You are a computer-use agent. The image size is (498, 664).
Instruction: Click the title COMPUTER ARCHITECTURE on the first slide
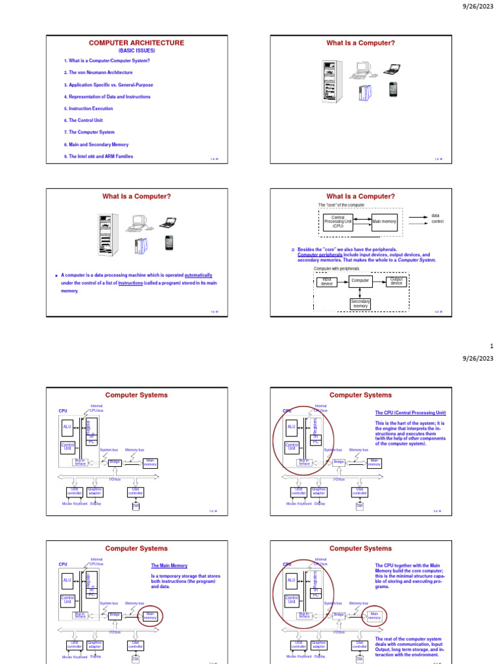point(136,43)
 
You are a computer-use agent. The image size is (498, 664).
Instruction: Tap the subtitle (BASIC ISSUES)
point(136,50)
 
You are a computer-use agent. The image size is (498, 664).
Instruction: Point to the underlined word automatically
point(198,275)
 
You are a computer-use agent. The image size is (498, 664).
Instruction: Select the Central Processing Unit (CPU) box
point(338,222)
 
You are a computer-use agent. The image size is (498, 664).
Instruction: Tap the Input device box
point(327,282)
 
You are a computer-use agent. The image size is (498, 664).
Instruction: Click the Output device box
point(396,281)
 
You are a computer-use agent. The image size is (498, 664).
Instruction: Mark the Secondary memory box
point(361,303)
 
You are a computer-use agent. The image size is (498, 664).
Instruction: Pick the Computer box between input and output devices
point(361,281)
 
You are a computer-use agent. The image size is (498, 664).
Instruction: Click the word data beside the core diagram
point(436,215)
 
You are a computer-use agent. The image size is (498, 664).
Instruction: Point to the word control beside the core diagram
point(438,222)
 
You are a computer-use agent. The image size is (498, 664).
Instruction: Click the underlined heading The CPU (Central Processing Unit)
point(410,412)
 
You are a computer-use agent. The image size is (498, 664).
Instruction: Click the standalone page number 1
point(492,347)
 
